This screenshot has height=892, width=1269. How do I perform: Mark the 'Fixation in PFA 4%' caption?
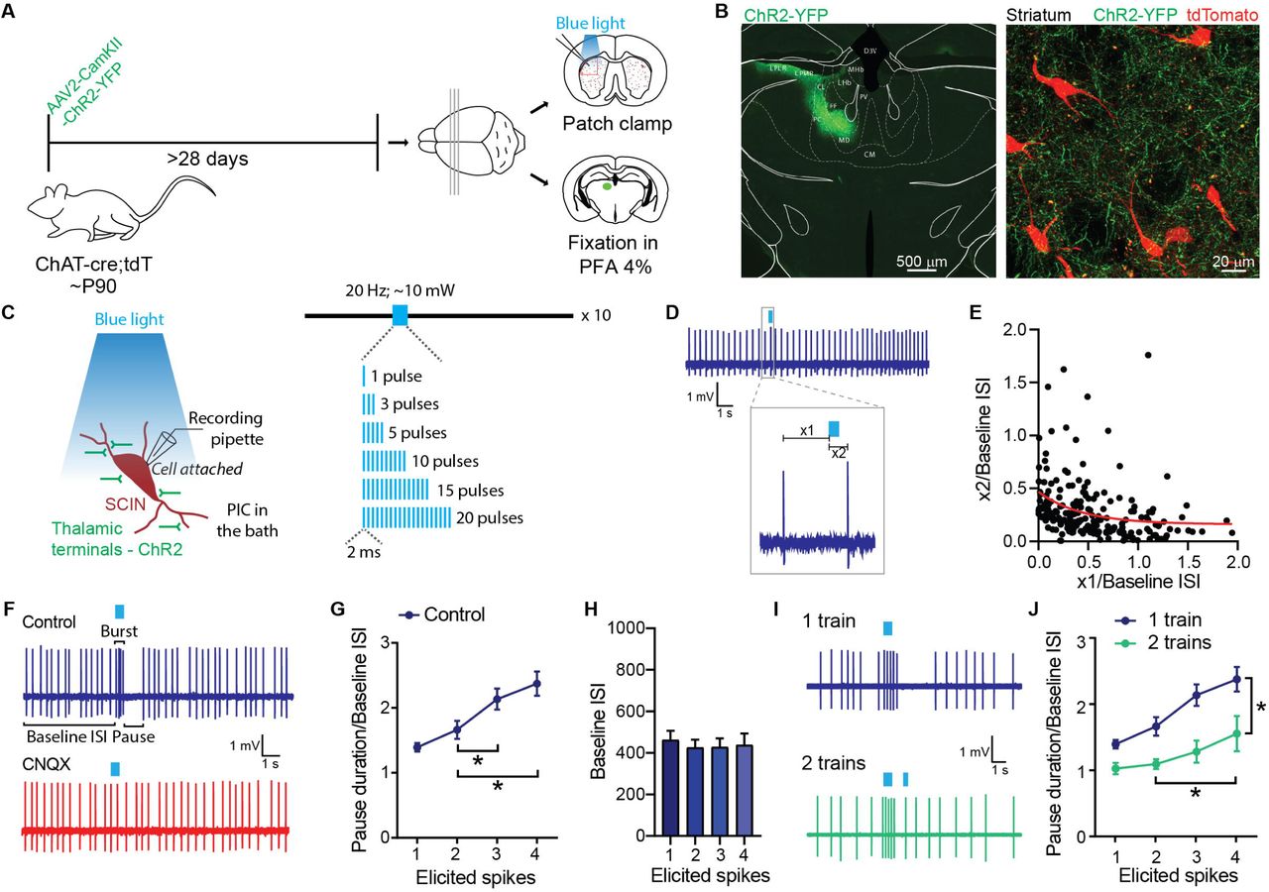[613, 253]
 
